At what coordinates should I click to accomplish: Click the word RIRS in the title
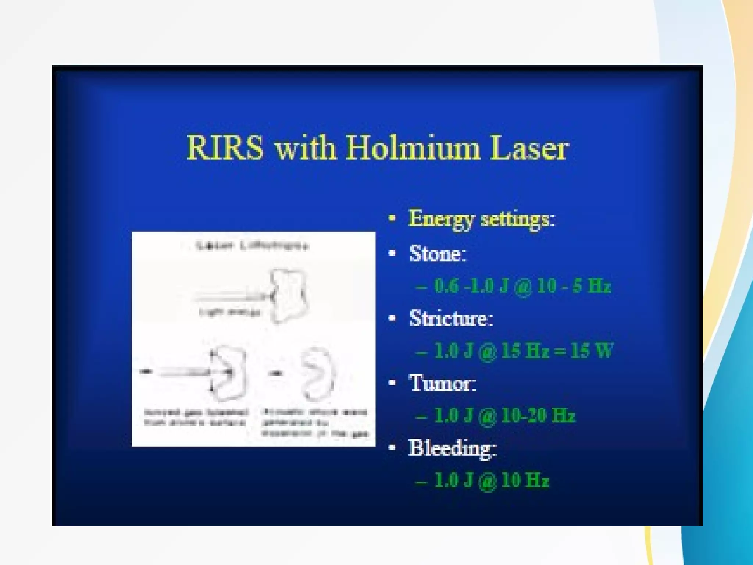pyautogui.click(x=225, y=148)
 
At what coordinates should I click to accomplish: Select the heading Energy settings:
pyautogui.click(x=482, y=219)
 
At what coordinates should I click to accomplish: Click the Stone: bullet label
pyautogui.click(x=438, y=254)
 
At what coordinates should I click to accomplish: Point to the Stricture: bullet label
pyautogui.click(x=451, y=319)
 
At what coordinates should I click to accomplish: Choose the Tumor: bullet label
pyautogui.click(x=443, y=383)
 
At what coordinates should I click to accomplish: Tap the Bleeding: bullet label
pyautogui.click(x=452, y=448)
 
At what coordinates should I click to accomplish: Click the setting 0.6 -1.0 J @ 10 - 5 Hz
pyautogui.click(x=522, y=286)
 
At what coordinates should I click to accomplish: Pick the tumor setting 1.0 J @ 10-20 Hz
pyautogui.click(x=504, y=416)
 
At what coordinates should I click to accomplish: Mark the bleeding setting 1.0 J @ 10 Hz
pyautogui.click(x=492, y=480)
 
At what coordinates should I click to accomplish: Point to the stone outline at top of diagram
pyautogui.click(x=289, y=296)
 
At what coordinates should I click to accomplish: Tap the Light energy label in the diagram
pyautogui.click(x=229, y=312)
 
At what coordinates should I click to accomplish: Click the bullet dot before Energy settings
pyautogui.click(x=392, y=218)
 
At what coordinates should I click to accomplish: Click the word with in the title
pyautogui.click(x=305, y=148)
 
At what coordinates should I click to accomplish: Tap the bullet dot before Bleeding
pyautogui.click(x=392, y=448)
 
